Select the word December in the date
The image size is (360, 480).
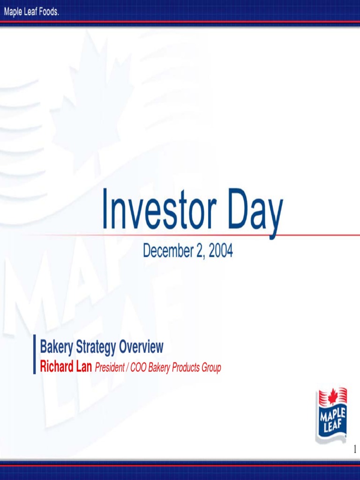166,252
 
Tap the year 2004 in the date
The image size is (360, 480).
221,252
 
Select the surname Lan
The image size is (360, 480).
84,367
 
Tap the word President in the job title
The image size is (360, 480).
109,368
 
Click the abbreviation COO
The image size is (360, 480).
138,368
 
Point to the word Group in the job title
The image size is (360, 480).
211,368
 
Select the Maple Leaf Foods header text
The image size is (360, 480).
32,12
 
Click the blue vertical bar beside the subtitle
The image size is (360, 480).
34,354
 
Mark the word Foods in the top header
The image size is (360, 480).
49,12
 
